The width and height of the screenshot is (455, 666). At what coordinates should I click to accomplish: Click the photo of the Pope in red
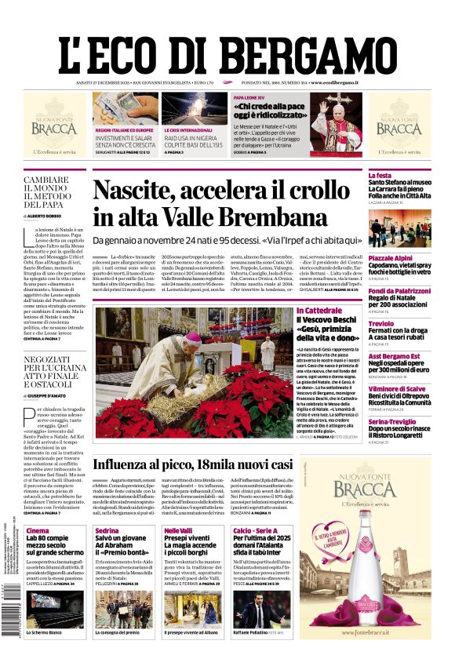click(x=335, y=122)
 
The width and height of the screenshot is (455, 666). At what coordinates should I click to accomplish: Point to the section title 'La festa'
click(x=380, y=175)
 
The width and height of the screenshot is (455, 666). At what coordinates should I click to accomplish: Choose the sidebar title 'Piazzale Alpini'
click(x=391, y=258)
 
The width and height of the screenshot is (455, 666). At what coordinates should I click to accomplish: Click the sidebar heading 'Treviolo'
click(x=381, y=323)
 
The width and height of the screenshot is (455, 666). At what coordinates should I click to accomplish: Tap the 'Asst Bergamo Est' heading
click(x=395, y=356)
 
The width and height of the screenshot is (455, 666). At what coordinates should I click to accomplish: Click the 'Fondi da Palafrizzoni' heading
click(x=400, y=291)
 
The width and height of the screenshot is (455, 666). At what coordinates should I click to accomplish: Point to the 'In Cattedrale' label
click(x=319, y=311)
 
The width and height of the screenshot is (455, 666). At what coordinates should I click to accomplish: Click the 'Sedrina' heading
click(x=107, y=531)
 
